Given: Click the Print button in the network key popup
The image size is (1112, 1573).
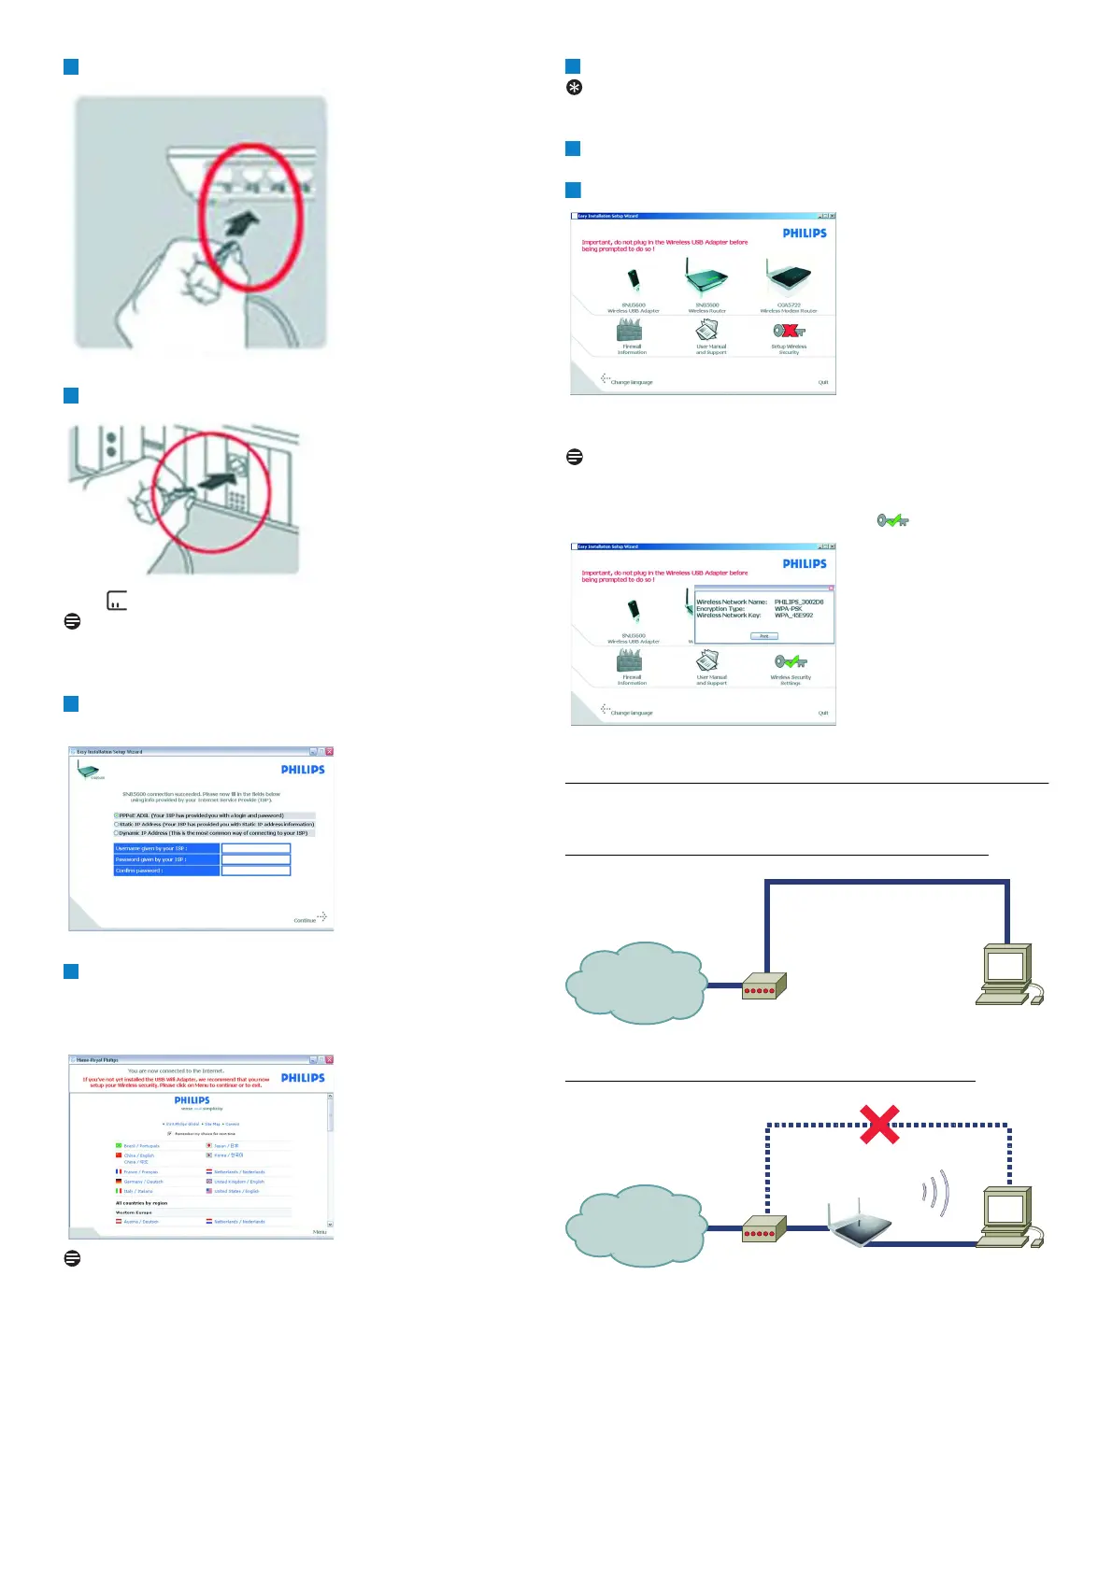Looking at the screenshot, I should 763,636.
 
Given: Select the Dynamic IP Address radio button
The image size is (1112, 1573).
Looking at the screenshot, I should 117,833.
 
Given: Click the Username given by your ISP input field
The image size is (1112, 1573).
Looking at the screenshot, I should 256,848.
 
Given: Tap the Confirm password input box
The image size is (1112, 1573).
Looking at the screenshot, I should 256,871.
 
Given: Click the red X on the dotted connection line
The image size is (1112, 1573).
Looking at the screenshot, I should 879,1124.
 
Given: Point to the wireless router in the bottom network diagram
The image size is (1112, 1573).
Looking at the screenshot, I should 859,1225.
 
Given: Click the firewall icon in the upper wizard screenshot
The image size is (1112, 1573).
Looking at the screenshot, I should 630,330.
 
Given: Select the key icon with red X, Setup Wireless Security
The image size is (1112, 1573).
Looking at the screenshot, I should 789,331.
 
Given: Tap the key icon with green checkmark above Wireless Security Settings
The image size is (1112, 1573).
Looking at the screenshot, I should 791,661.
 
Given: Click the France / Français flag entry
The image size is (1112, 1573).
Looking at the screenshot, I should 137,1171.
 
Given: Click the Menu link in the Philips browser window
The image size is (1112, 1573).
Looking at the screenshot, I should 320,1232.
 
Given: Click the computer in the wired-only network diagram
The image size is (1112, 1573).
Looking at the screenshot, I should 1007,974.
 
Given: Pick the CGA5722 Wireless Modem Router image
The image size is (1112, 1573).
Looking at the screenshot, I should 788,278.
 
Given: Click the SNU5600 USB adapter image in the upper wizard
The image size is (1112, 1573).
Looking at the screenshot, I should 634,280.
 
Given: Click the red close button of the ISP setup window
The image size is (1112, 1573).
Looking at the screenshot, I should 329,751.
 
